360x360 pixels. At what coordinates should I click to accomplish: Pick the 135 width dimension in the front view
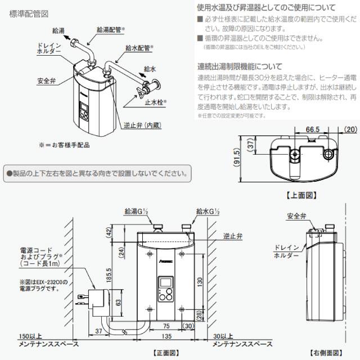pyautogui.click(x=166, y=336)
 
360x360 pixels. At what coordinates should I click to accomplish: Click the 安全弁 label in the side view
pyautogui.click(x=296, y=215)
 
